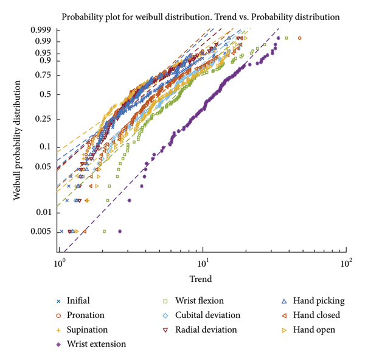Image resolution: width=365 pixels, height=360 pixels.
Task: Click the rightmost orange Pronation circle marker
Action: (299, 38)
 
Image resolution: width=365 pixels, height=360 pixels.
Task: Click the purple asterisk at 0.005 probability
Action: (119, 231)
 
